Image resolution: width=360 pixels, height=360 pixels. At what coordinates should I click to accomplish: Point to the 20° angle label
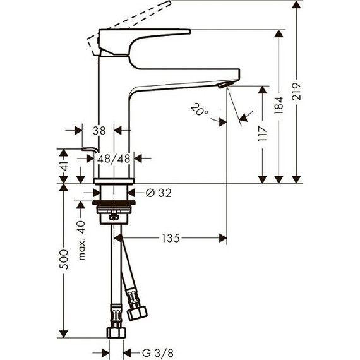pyautogui.click(x=198, y=112)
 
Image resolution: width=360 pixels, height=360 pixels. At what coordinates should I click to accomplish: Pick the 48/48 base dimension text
pyautogui.click(x=115, y=159)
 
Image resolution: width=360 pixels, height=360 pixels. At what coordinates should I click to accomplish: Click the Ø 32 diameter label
pyautogui.click(x=159, y=192)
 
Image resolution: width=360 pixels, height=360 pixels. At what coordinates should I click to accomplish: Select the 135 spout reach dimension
pyautogui.click(x=171, y=238)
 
